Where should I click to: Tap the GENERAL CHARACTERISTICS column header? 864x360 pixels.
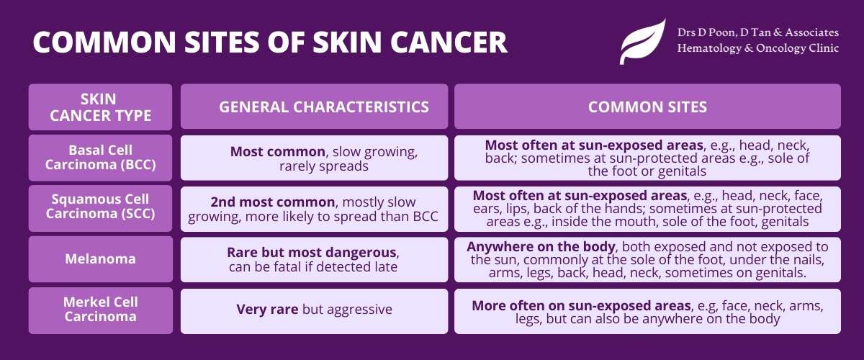click(x=324, y=107)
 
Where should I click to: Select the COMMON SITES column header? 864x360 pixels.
click(x=647, y=107)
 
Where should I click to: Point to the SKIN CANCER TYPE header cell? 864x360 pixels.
click(x=100, y=107)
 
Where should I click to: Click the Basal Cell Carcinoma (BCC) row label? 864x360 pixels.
click(x=100, y=158)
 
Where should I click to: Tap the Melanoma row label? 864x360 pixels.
click(x=100, y=258)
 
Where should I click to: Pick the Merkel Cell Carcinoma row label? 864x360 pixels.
click(x=100, y=309)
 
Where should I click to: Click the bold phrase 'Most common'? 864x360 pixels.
click(x=278, y=152)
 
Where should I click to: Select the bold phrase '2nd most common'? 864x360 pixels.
click(x=273, y=202)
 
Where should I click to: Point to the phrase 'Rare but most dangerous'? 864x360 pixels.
click(x=312, y=252)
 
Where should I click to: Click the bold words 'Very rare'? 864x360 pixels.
click(x=267, y=309)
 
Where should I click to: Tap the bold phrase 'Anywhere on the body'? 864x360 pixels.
click(x=541, y=246)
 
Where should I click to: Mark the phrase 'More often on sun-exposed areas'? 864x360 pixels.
click(x=581, y=305)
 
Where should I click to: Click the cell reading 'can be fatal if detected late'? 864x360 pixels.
click(x=312, y=267)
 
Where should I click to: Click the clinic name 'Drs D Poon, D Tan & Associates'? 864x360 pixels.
click(x=758, y=32)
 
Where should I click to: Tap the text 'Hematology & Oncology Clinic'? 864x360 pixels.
click(x=758, y=48)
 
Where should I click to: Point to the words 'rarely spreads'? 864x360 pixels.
click(x=324, y=166)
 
